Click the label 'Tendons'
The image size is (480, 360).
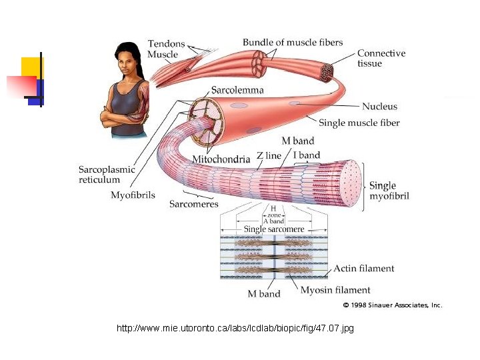point(166,44)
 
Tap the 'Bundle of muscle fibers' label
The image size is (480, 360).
point(293,43)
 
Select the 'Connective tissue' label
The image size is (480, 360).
point(381,58)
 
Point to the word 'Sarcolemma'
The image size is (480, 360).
point(237,90)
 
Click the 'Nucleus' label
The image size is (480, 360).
point(379,106)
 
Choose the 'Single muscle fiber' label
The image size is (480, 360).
point(359,123)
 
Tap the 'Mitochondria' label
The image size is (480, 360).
point(221,159)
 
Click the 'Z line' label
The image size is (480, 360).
point(269,155)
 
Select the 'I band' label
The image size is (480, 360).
point(307,155)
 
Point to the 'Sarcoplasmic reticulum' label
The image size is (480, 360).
point(107,174)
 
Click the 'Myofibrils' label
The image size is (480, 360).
point(133,195)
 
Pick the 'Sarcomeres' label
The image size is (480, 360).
point(193,204)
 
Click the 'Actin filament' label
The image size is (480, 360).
point(363,269)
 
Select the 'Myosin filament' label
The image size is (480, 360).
point(335,290)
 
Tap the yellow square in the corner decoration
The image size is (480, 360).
point(31,67)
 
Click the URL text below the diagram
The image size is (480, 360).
point(235,329)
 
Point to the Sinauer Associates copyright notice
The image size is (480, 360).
point(392,305)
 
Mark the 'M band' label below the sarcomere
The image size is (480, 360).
point(264,293)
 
